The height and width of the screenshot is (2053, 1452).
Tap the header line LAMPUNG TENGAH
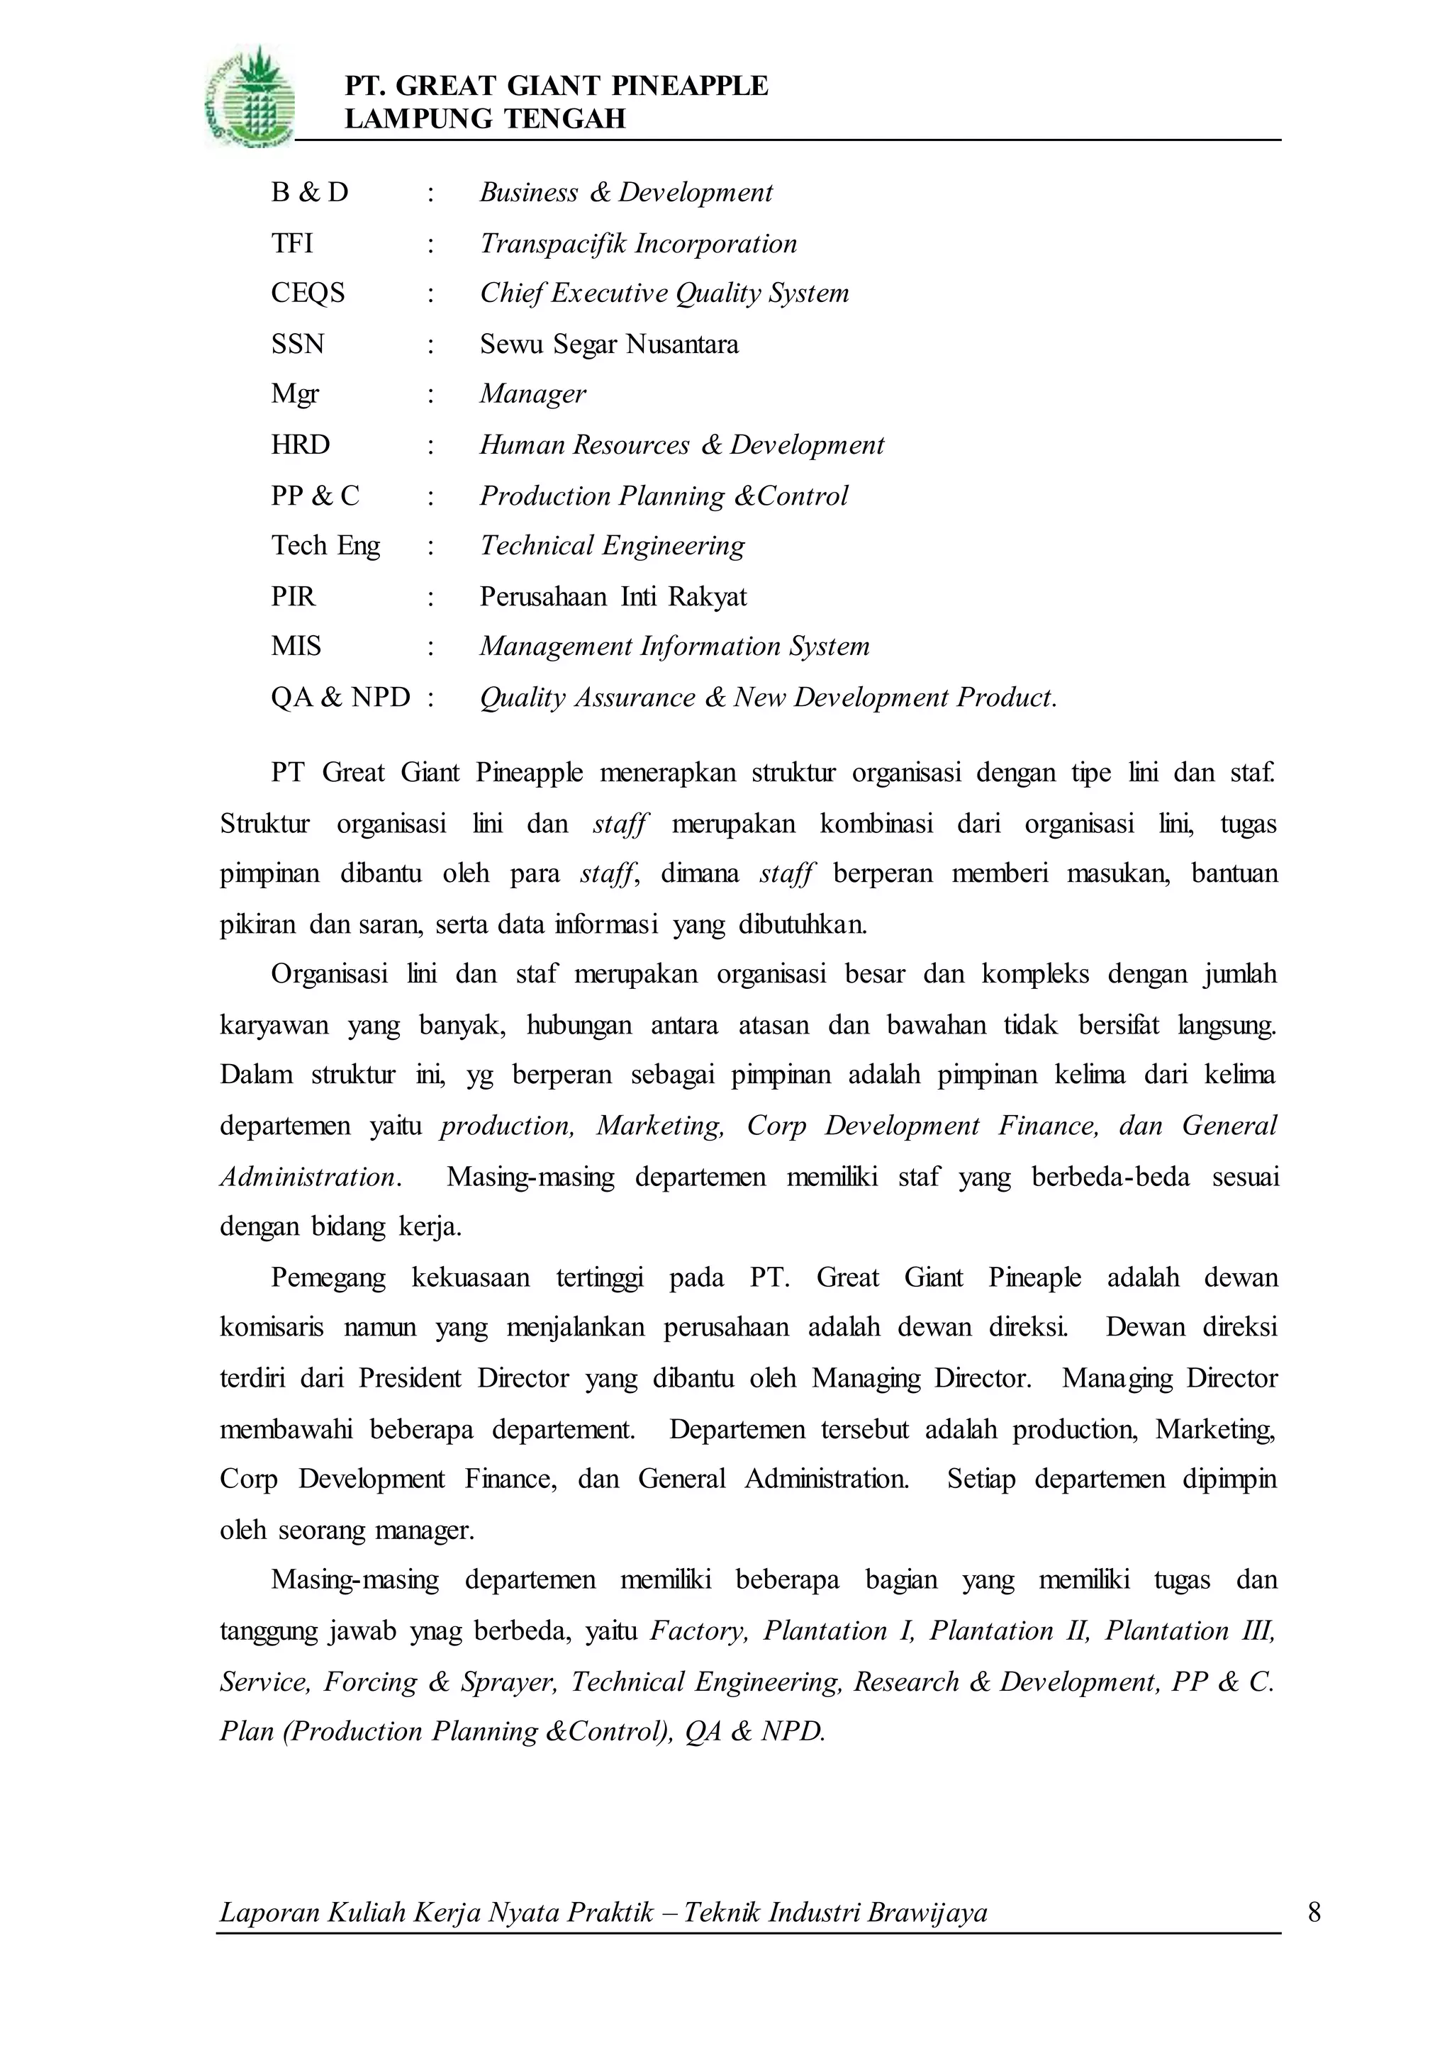click(x=485, y=119)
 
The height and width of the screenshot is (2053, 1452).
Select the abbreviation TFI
click(x=291, y=243)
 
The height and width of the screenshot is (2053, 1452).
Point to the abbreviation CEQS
click(x=308, y=293)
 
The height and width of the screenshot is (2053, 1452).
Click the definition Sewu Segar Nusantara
click(x=609, y=345)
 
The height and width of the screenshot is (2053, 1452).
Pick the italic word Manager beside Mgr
click(x=533, y=394)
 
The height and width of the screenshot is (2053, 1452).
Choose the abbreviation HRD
click(x=301, y=444)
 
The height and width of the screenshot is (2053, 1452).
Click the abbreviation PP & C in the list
click(x=315, y=496)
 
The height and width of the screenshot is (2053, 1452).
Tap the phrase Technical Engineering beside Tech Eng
click(x=613, y=545)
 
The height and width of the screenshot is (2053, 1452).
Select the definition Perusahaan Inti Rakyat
click(x=613, y=596)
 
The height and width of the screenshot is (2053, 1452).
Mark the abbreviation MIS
click(x=296, y=647)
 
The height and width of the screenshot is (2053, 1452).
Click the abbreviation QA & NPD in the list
click(x=340, y=698)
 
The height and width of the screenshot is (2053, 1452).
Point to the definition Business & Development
click(x=626, y=192)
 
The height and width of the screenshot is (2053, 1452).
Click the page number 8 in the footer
click(x=1314, y=1913)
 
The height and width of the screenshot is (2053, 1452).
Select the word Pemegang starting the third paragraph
click(x=328, y=1277)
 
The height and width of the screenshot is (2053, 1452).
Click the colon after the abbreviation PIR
click(x=431, y=596)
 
